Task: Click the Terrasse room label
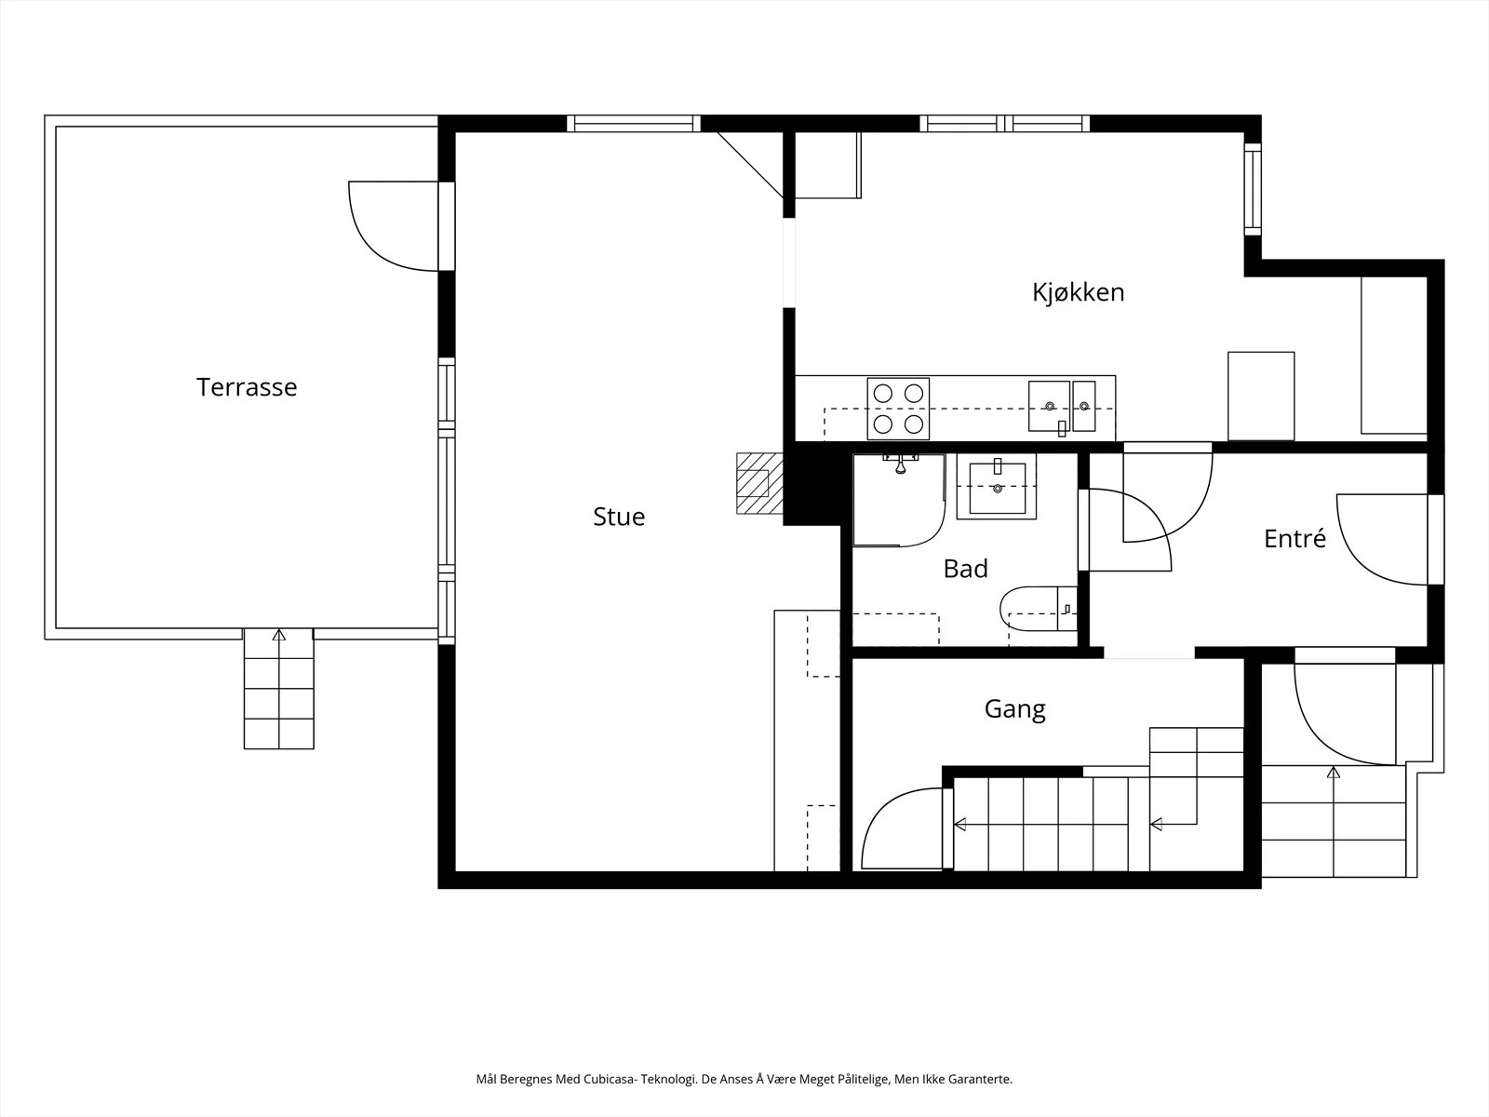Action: coord(247,387)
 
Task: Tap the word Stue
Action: coord(619,517)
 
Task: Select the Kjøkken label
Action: coord(1078,292)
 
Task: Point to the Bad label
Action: coord(965,569)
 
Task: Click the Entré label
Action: coord(1294,539)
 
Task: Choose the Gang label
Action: coord(1014,709)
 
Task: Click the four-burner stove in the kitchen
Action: coord(898,409)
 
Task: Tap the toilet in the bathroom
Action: coord(1039,609)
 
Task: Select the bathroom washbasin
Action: coord(997,487)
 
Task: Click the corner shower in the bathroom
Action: coord(899,500)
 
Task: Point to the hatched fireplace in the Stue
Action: coord(759,483)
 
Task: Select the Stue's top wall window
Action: coord(634,124)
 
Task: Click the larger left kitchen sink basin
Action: coord(1049,406)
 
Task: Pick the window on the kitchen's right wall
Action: coord(1253,189)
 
